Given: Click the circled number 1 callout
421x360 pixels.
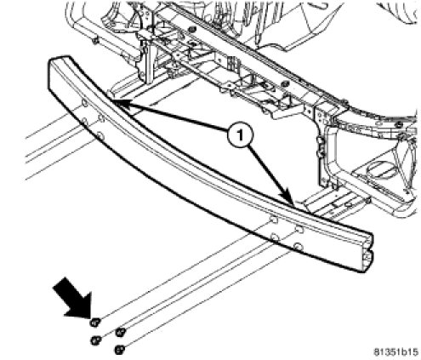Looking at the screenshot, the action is pos(240,135).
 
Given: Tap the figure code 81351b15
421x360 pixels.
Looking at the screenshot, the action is pos(395,351).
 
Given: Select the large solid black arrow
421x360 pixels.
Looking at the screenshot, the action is pos(75,298).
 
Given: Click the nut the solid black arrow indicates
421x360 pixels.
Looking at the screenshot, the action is pos(95,323).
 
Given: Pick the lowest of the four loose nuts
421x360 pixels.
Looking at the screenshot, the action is pos(120,349).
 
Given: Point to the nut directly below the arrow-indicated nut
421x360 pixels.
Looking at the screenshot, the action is pos(96,340).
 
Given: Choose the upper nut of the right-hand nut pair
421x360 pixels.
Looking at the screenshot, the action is pos(121,332).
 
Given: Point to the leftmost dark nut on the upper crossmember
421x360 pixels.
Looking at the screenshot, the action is pos(192,29).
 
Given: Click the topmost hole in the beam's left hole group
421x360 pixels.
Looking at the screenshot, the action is pos(84,103).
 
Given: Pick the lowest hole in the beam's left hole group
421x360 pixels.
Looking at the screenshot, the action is pos(100,136).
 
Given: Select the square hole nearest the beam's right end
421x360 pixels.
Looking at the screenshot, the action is pos(299,229).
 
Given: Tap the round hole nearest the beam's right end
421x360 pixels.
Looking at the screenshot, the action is pos(298,246).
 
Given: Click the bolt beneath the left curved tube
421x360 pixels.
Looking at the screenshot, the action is pos(96,41).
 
